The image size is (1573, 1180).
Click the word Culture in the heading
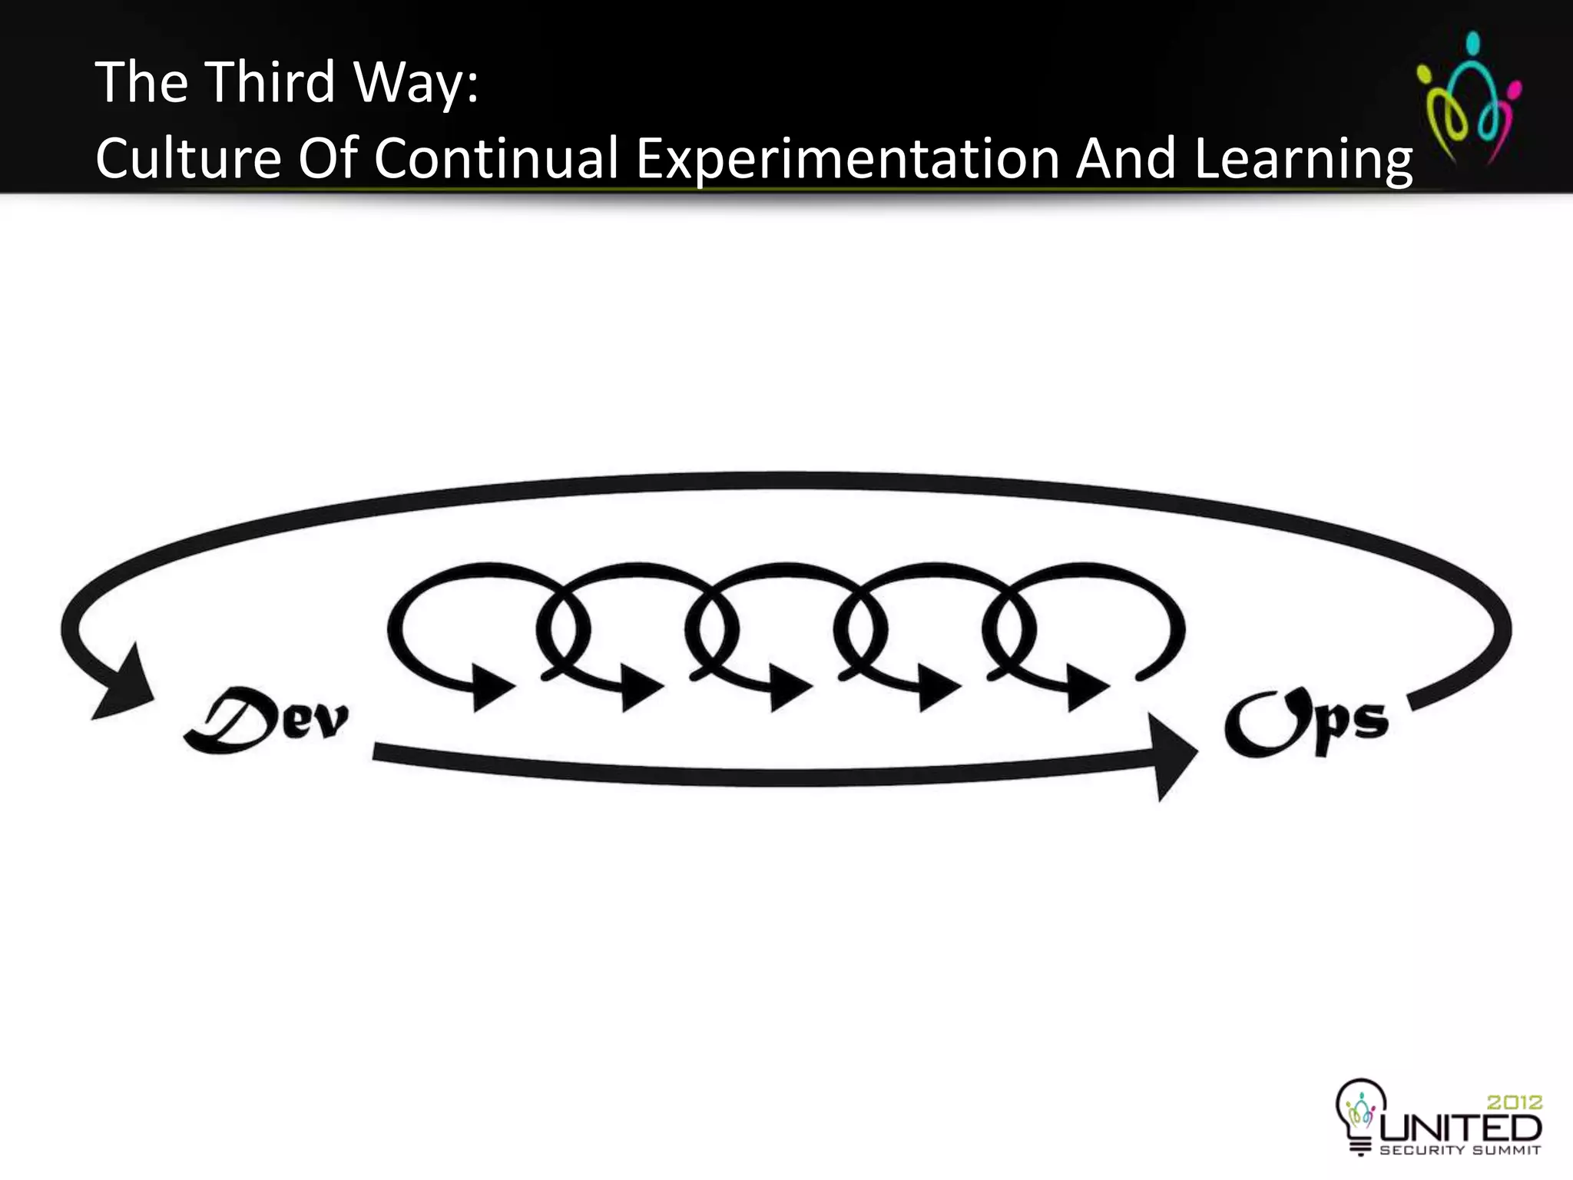(188, 158)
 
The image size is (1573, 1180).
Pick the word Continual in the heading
(497, 158)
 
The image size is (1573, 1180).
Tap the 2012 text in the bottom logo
(1514, 1102)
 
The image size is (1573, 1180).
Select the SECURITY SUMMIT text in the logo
(1460, 1150)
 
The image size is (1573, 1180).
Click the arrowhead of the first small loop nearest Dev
(492, 685)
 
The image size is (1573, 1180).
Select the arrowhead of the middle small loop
(789, 685)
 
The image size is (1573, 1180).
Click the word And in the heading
(1126, 158)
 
